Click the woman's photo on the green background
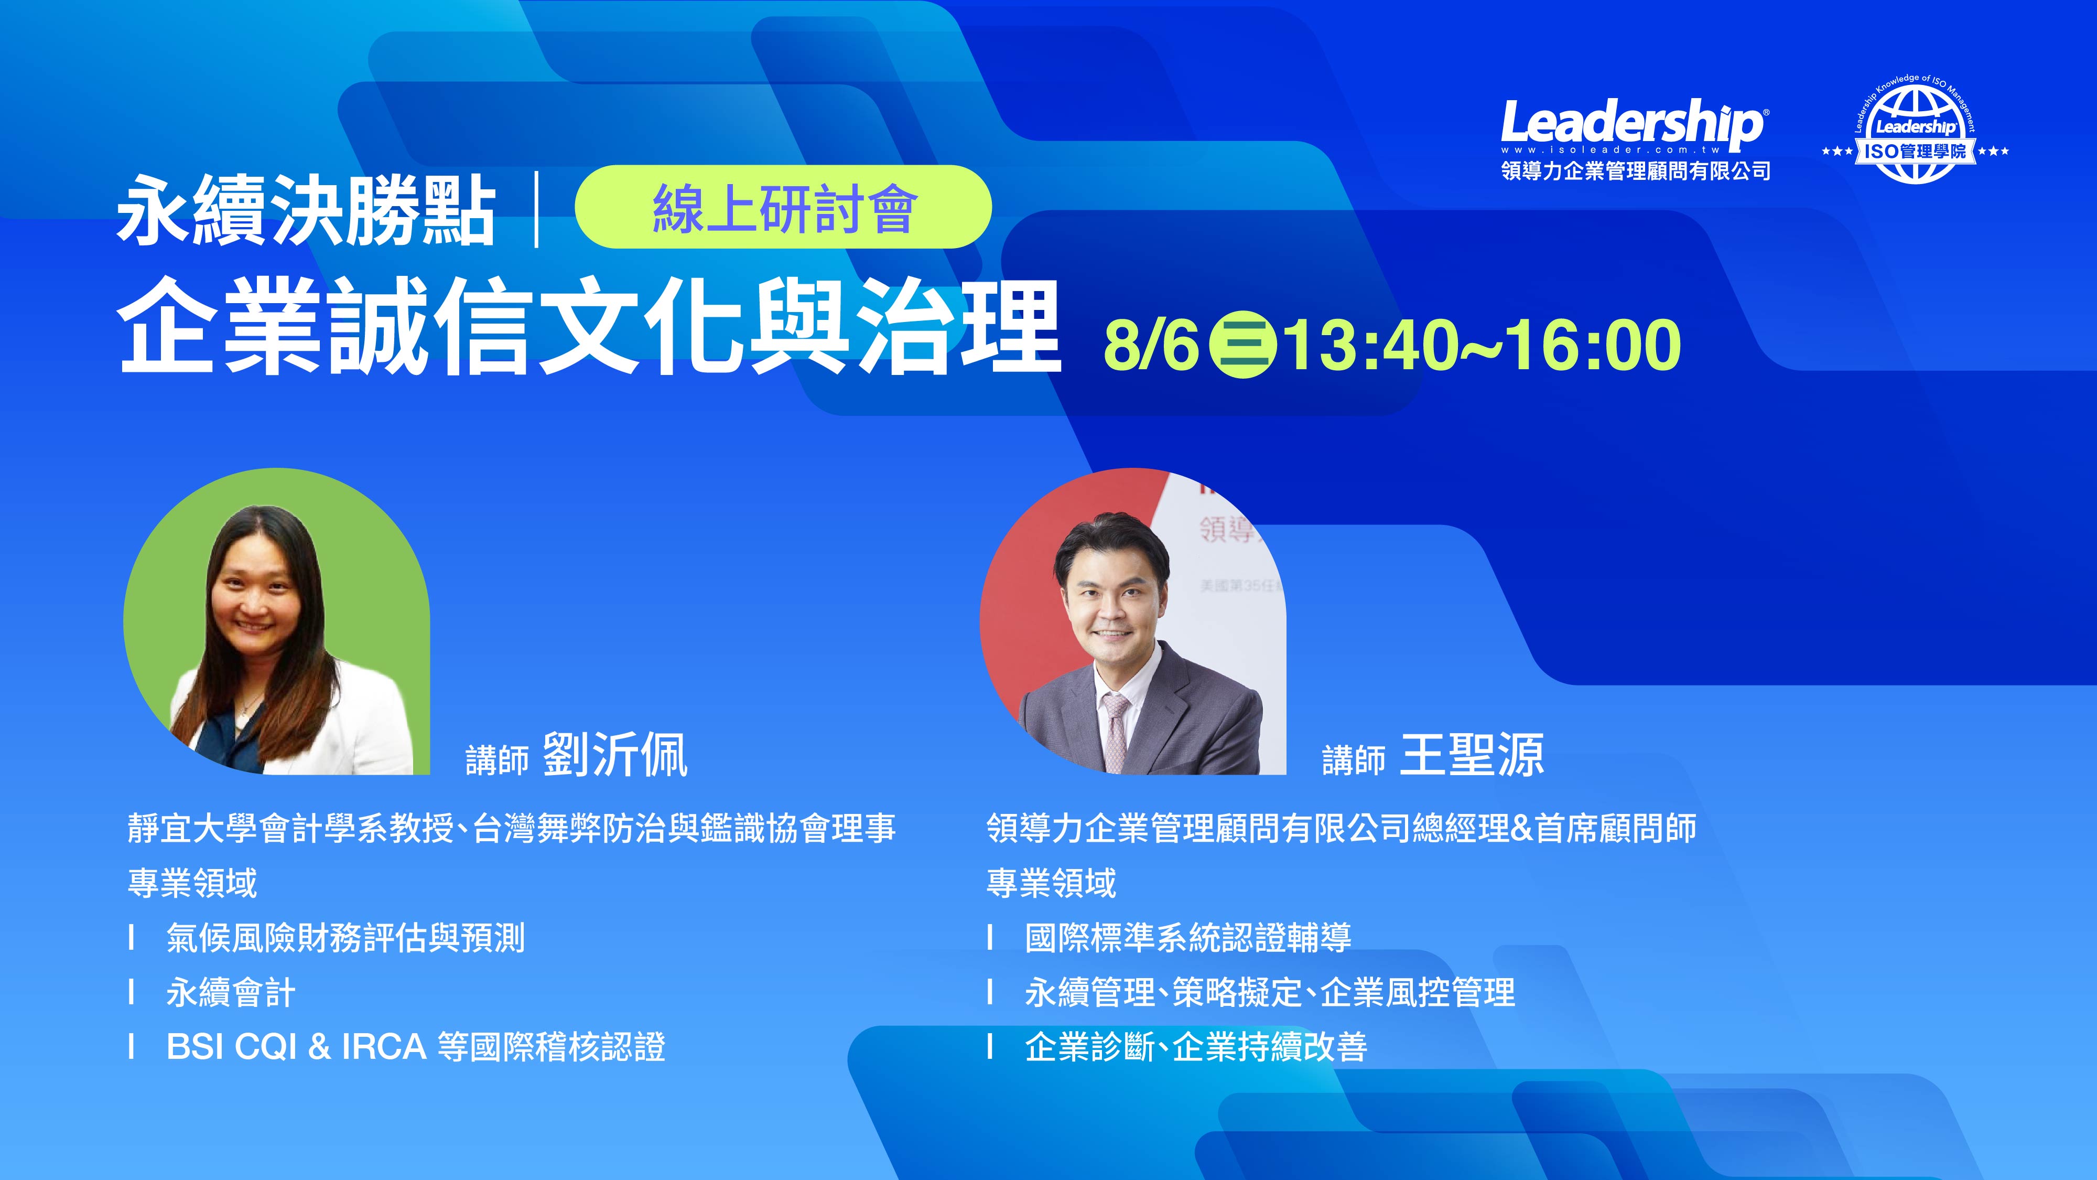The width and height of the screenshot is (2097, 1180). point(277,621)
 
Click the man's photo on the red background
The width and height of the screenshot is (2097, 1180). point(1133,621)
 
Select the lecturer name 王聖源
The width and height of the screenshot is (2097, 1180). point(1472,755)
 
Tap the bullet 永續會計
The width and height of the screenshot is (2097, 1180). point(230,993)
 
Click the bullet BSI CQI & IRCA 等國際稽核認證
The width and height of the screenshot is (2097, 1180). point(416,1046)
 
